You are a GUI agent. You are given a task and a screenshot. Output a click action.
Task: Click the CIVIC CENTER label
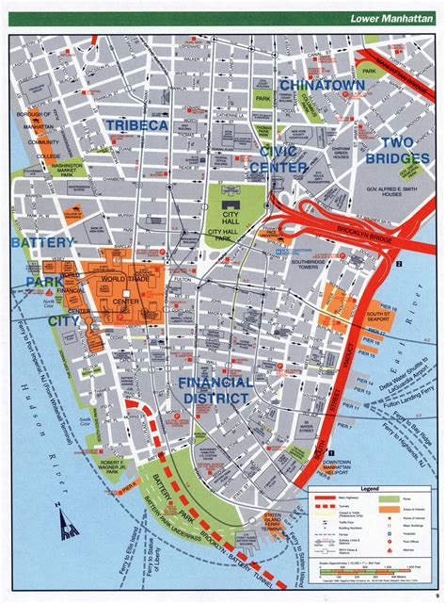[x=279, y=159]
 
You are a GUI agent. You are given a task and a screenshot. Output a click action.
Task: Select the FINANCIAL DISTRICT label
[x=215, y=390]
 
